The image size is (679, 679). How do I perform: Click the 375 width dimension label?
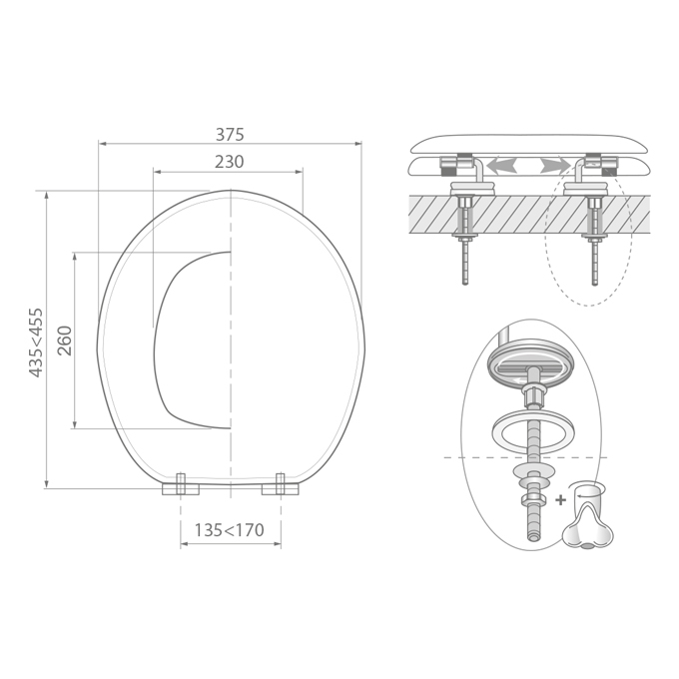tap(230, 134)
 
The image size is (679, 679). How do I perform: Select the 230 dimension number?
tap(229, 162)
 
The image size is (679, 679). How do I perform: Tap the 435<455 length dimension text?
tap(36, 342)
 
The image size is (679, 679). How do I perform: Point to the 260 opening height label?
tap(65, 340)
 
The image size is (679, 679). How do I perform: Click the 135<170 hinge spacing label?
tap(229, 529)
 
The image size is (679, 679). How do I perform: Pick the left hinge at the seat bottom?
tap(181, 484)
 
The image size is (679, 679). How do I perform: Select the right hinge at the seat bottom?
tap(281, 484)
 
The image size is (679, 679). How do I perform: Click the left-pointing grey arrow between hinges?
tap(501, 166)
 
